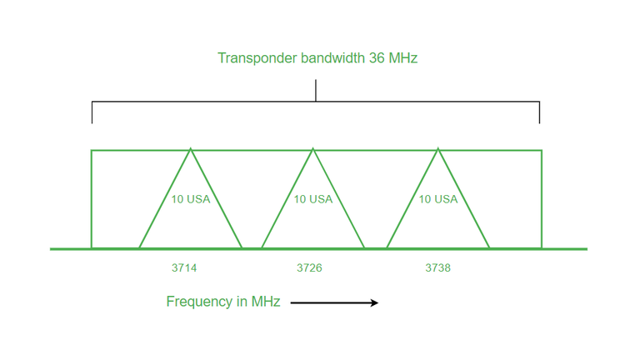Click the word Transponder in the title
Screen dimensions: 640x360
click(257, 58)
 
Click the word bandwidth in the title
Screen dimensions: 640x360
click(332, 58)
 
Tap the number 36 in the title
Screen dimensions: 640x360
click(377, 58)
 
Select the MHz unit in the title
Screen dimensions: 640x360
click(402, 58)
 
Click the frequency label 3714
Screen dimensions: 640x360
click(184, 267)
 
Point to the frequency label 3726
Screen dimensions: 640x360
click(309, 267)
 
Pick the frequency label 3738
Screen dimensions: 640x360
click(438, 267)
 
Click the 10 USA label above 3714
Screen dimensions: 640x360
click(191, 199)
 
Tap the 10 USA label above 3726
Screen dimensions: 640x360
click(313, 199)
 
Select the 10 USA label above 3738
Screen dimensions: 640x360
click(438, 199)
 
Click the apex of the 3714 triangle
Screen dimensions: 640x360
click(191, 149)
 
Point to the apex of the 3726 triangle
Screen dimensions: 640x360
click(313, 149)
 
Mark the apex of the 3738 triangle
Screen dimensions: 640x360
click(438, 149)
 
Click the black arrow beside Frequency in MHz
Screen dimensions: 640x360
click(334, 302)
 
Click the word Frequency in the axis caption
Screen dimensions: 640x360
click(200, 302)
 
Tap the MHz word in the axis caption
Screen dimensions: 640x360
click(266, 301)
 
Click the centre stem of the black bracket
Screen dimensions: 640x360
click(316, 91)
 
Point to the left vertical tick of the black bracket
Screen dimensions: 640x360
click(92, 112)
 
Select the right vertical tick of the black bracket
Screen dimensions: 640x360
click(540, 112)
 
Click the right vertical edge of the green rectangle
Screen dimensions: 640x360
click(542, 199)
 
